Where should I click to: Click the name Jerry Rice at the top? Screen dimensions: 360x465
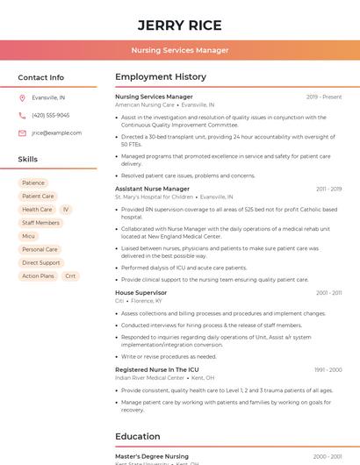click(179, 25)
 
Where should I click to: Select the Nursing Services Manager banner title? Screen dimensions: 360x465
click(179, 50)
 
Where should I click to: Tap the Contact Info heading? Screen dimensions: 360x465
click(40, 77)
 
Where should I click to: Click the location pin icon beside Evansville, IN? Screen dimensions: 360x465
click(22, 98)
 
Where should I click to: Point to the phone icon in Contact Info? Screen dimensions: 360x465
click(22, 115)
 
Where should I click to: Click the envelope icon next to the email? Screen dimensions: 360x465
click(22, 132)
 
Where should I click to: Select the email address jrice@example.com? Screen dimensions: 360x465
click(56, 132)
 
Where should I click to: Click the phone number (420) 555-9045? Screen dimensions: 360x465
click(50, 115)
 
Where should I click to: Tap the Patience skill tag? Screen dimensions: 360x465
click(33, 183)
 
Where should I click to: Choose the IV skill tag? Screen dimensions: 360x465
click(66, 210)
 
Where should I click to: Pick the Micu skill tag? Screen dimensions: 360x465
click(29, 236)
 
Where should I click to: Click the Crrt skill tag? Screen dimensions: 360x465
click(70, 275)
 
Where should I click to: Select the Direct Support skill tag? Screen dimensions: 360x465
click(41, 262)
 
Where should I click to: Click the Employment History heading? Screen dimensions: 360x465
click(160, 77)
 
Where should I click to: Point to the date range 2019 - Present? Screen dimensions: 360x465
click(324, 97)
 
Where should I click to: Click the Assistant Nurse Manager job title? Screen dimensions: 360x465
click(152, 189)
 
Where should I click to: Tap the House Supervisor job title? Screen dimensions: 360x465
click(140, 292)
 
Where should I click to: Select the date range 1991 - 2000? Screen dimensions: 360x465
click(328, 369)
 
